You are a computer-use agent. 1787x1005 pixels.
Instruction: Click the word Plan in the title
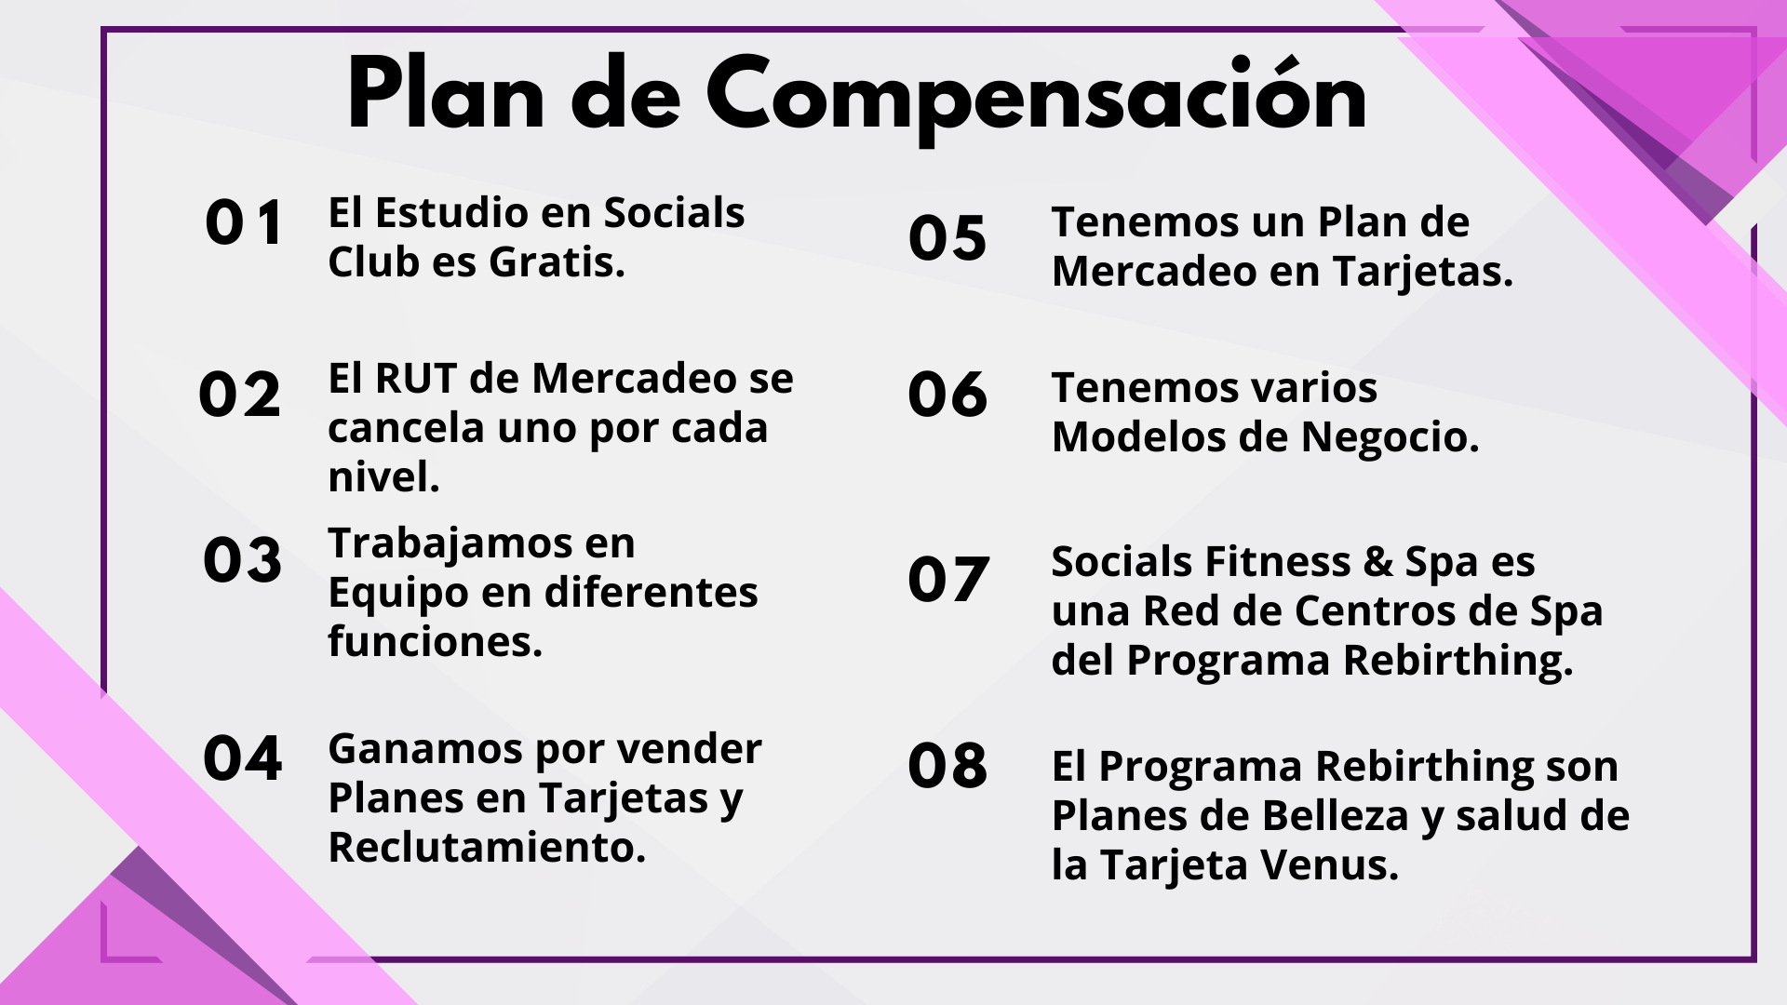click(446, 92)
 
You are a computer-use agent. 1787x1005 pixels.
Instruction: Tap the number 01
click(244, 223)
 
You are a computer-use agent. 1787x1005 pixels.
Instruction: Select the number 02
click(239, 395)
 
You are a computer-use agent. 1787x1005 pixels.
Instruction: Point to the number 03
click(242, 560)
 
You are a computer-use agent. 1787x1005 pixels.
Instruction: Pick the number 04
click(242, 757)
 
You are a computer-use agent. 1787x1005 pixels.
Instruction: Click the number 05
click(947, 237)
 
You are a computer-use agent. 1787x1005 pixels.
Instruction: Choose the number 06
click(947, 394)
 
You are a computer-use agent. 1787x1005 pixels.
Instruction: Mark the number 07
click(948, 579)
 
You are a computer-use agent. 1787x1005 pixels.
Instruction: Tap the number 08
click(947, 766)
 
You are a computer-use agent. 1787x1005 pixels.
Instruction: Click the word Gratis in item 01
click(557, 262)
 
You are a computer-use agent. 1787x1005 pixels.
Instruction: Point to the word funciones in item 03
click(435, 641)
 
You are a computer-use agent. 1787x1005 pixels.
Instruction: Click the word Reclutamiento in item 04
click(487, 848)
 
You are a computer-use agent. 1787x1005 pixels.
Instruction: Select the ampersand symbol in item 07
click(1377, 563)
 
